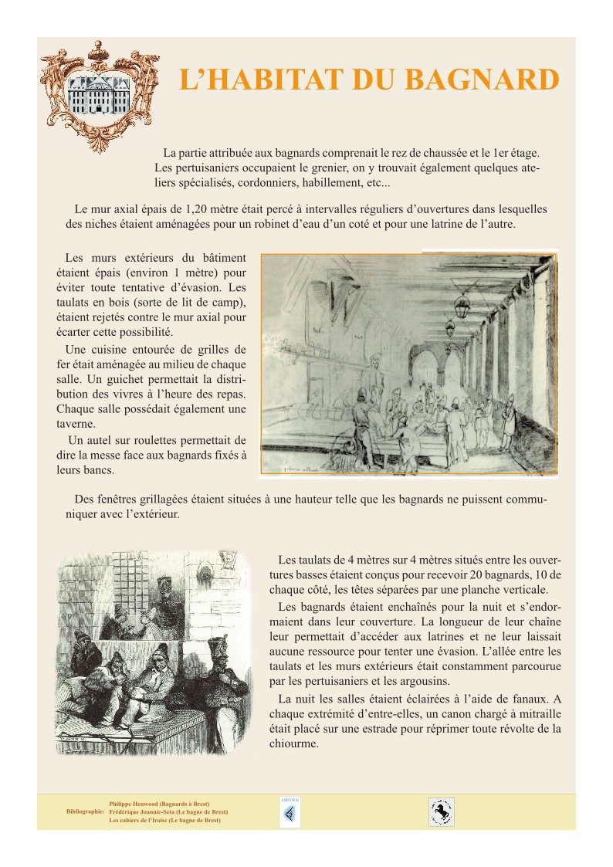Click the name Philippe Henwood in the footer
click(135, 804)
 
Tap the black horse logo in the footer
click(442, 812)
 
